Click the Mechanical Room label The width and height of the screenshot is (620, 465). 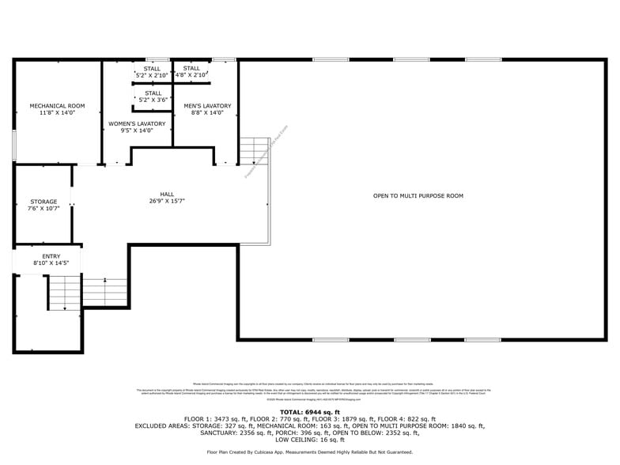(x=57, y=106)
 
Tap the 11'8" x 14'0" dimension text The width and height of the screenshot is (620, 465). (x=57, y=113)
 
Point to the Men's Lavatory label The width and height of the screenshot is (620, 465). (x=207, y=106)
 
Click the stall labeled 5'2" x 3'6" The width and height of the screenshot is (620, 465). (x=153, y=96)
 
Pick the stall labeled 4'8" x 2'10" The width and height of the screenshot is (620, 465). (x=191, y=71)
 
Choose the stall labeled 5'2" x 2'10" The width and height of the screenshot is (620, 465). (x=152, y=72)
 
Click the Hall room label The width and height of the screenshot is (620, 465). (x=167, y=195)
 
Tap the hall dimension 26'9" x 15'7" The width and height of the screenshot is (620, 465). (x=167, y=202)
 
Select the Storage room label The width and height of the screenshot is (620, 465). (x=44, y=202)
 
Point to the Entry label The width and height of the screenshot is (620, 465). (x=51, y=256)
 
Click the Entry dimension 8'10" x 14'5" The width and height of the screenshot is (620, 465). (x=51, y=263)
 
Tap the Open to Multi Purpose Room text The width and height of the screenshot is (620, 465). (x=418, y=195)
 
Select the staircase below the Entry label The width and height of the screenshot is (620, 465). (x=64, y=293)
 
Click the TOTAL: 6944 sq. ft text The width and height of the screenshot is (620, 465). (x=309, y=412)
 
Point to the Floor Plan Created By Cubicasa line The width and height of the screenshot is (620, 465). (x=309, y=452)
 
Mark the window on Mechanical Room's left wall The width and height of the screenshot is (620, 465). (x=13, y=146)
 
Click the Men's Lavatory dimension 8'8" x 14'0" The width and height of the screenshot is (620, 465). (x=207, y=113)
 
